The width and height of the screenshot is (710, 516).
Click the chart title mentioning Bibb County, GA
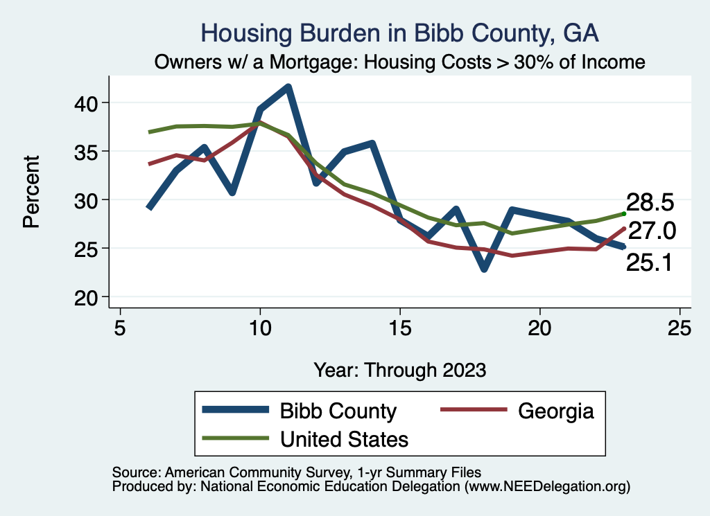pos(399,33)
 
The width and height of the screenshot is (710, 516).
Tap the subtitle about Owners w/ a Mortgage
pos(399,62)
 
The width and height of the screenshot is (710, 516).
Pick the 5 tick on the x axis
pos(121,328)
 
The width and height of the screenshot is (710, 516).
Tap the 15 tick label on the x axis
pos(399,328)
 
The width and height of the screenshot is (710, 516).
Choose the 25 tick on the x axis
pos(679,328)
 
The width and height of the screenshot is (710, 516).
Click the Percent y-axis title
pos(31,200)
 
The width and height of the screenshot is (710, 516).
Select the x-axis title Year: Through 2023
pos(399,369)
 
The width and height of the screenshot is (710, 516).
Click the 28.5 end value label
pos(650,203)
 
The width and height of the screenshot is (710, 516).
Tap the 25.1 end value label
pos(649,263)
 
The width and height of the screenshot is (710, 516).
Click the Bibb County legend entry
pos(338,411)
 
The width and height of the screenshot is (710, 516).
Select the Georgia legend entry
pos(556,411)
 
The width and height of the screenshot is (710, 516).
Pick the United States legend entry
pos(344,438)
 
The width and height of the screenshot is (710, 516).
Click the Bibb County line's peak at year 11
pos(288,87)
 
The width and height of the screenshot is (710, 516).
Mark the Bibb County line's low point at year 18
pos(483,269)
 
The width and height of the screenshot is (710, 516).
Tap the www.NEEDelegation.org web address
pos(548,486)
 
